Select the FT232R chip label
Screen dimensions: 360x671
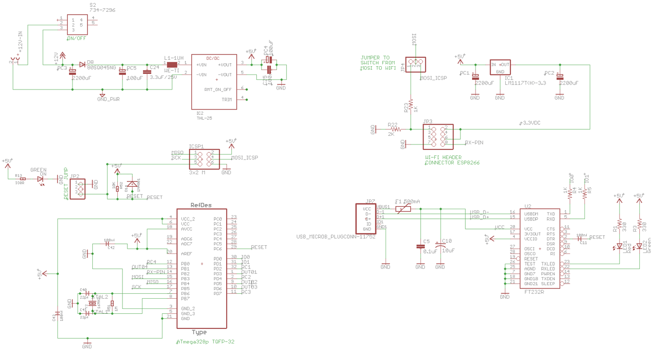tap(534, 292)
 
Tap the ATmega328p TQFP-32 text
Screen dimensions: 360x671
tap(205, 342)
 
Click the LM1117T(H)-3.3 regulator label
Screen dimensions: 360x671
tap(526, 83)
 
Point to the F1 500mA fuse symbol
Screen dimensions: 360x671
tap(403, 209)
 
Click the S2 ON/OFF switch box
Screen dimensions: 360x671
tap(77, 24)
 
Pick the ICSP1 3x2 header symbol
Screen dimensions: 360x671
tap(204, 157)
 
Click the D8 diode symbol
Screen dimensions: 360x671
tap(82, 64)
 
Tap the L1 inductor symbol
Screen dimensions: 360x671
tap(172, 64)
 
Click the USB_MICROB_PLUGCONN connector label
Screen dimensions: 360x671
tap(336, 237)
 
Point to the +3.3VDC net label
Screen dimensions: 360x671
tap(530, 123)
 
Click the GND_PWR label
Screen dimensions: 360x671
tap(108, 99)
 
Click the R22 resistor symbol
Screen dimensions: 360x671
tap(396, 129)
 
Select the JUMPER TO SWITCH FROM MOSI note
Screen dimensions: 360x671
tap(377, 63)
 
